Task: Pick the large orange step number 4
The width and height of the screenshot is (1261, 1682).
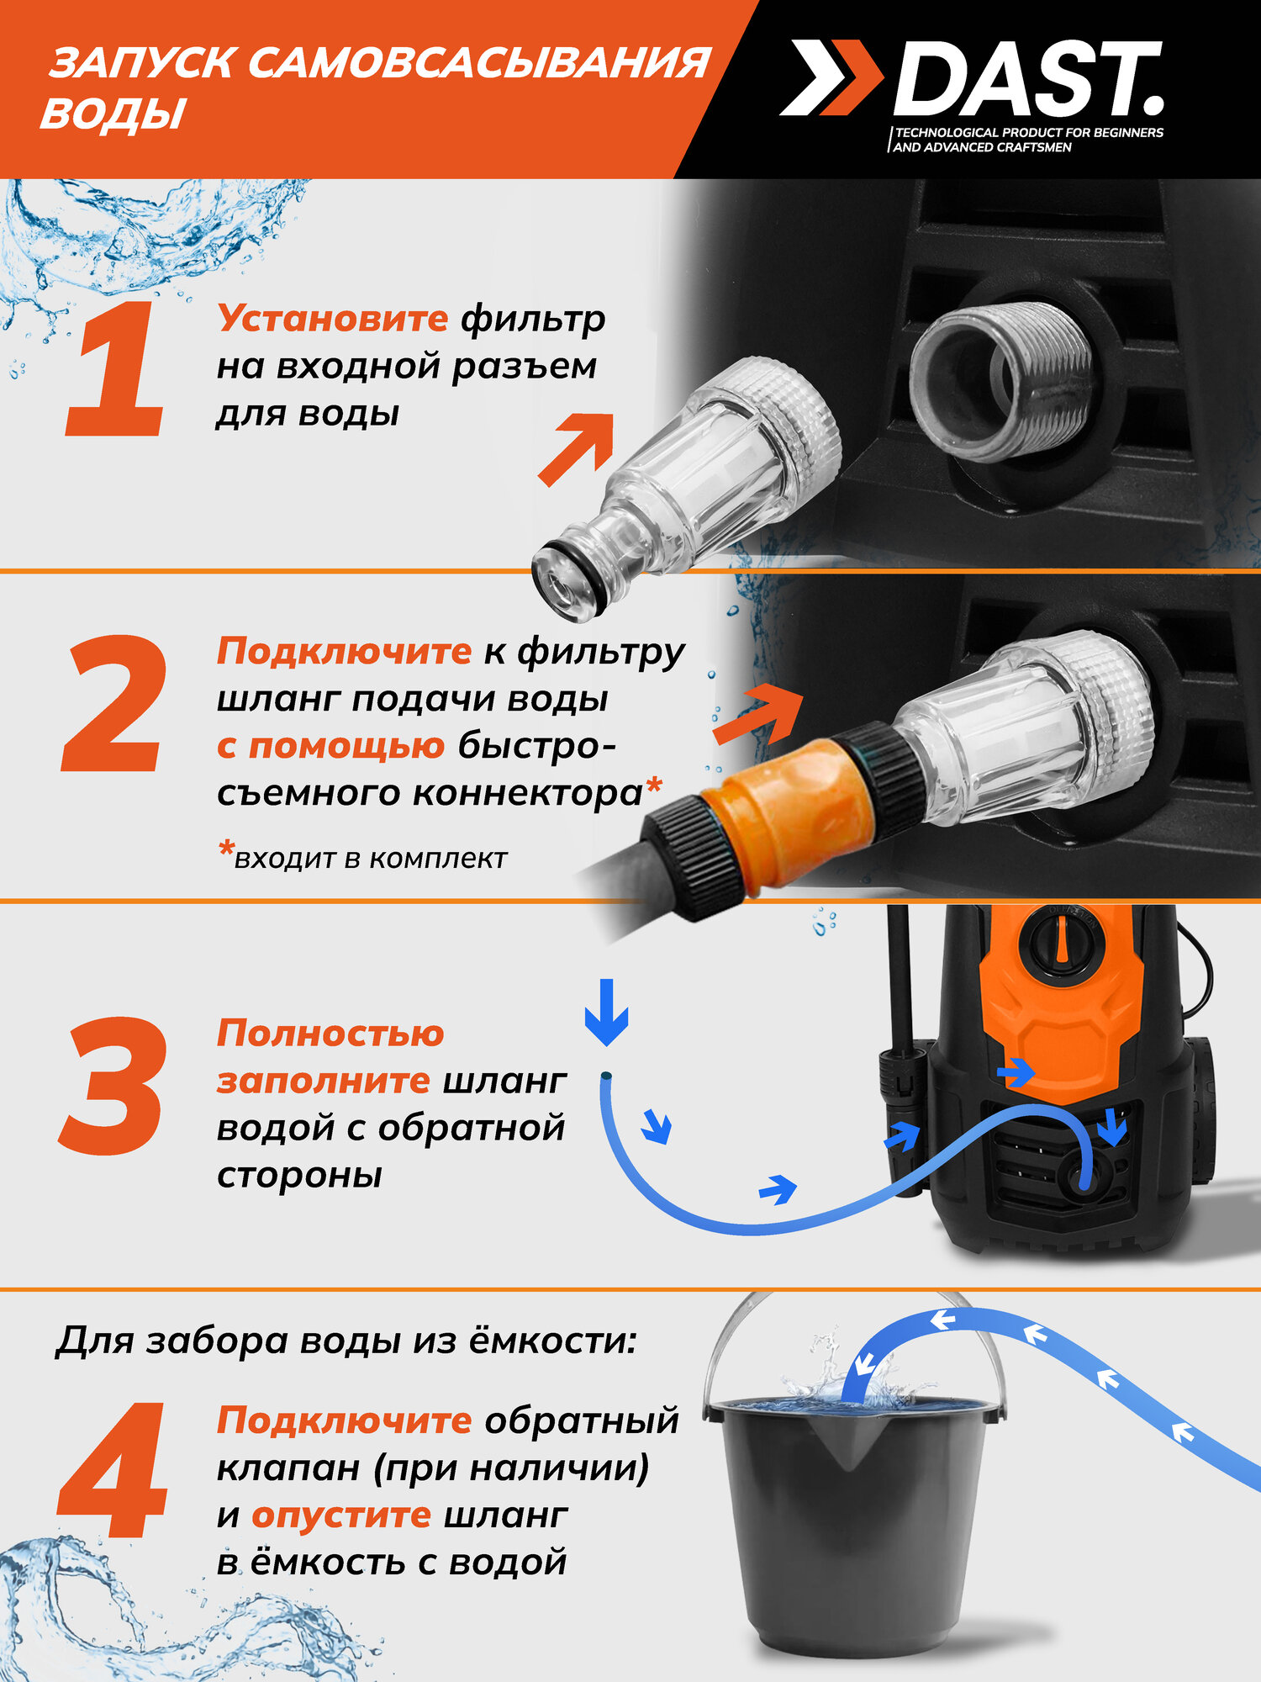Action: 113,1471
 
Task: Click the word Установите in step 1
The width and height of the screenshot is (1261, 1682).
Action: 332,319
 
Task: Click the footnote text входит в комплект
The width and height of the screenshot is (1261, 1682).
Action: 371,859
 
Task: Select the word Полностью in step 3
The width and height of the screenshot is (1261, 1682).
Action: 330,1034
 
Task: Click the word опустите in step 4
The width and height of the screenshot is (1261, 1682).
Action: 341,1515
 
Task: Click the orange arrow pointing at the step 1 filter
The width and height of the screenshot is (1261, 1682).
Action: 577,449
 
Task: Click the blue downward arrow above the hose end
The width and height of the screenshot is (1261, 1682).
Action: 606,1012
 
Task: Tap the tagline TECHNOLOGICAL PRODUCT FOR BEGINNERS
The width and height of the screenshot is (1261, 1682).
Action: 1029,133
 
